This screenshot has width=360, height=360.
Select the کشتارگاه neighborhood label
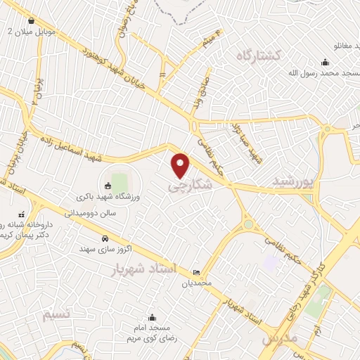259,55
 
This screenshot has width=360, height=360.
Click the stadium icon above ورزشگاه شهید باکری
108,186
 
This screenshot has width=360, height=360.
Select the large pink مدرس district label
280,339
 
